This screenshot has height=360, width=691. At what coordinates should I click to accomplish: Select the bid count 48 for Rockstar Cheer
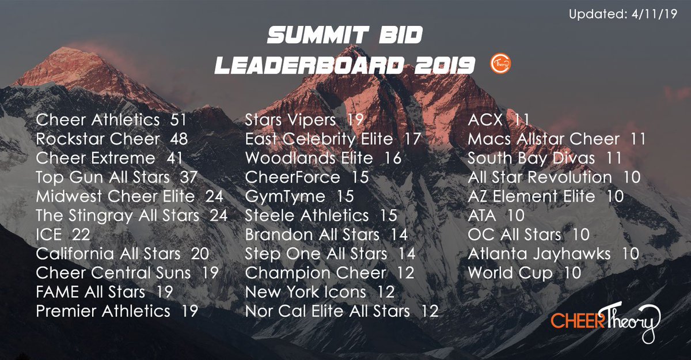coord(179,139)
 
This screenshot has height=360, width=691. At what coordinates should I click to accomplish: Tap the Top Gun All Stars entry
coord(103,177)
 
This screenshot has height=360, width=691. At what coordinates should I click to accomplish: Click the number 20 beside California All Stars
coord(200,253)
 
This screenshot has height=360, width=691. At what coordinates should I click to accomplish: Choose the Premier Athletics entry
coord(103,311)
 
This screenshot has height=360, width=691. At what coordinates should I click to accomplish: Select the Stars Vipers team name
coord(290,120)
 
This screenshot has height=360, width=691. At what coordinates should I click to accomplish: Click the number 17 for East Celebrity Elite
coord(412,139)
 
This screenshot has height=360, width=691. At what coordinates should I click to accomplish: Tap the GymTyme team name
coord(286,196)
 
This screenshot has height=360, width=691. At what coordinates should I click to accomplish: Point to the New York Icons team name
coord(306,292)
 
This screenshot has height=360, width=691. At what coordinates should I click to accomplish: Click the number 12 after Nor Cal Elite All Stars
coord(430,311)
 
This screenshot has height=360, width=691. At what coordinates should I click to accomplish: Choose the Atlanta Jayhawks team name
coord(540,253)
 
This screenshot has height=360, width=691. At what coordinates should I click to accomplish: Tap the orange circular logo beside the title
coord(500,65)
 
